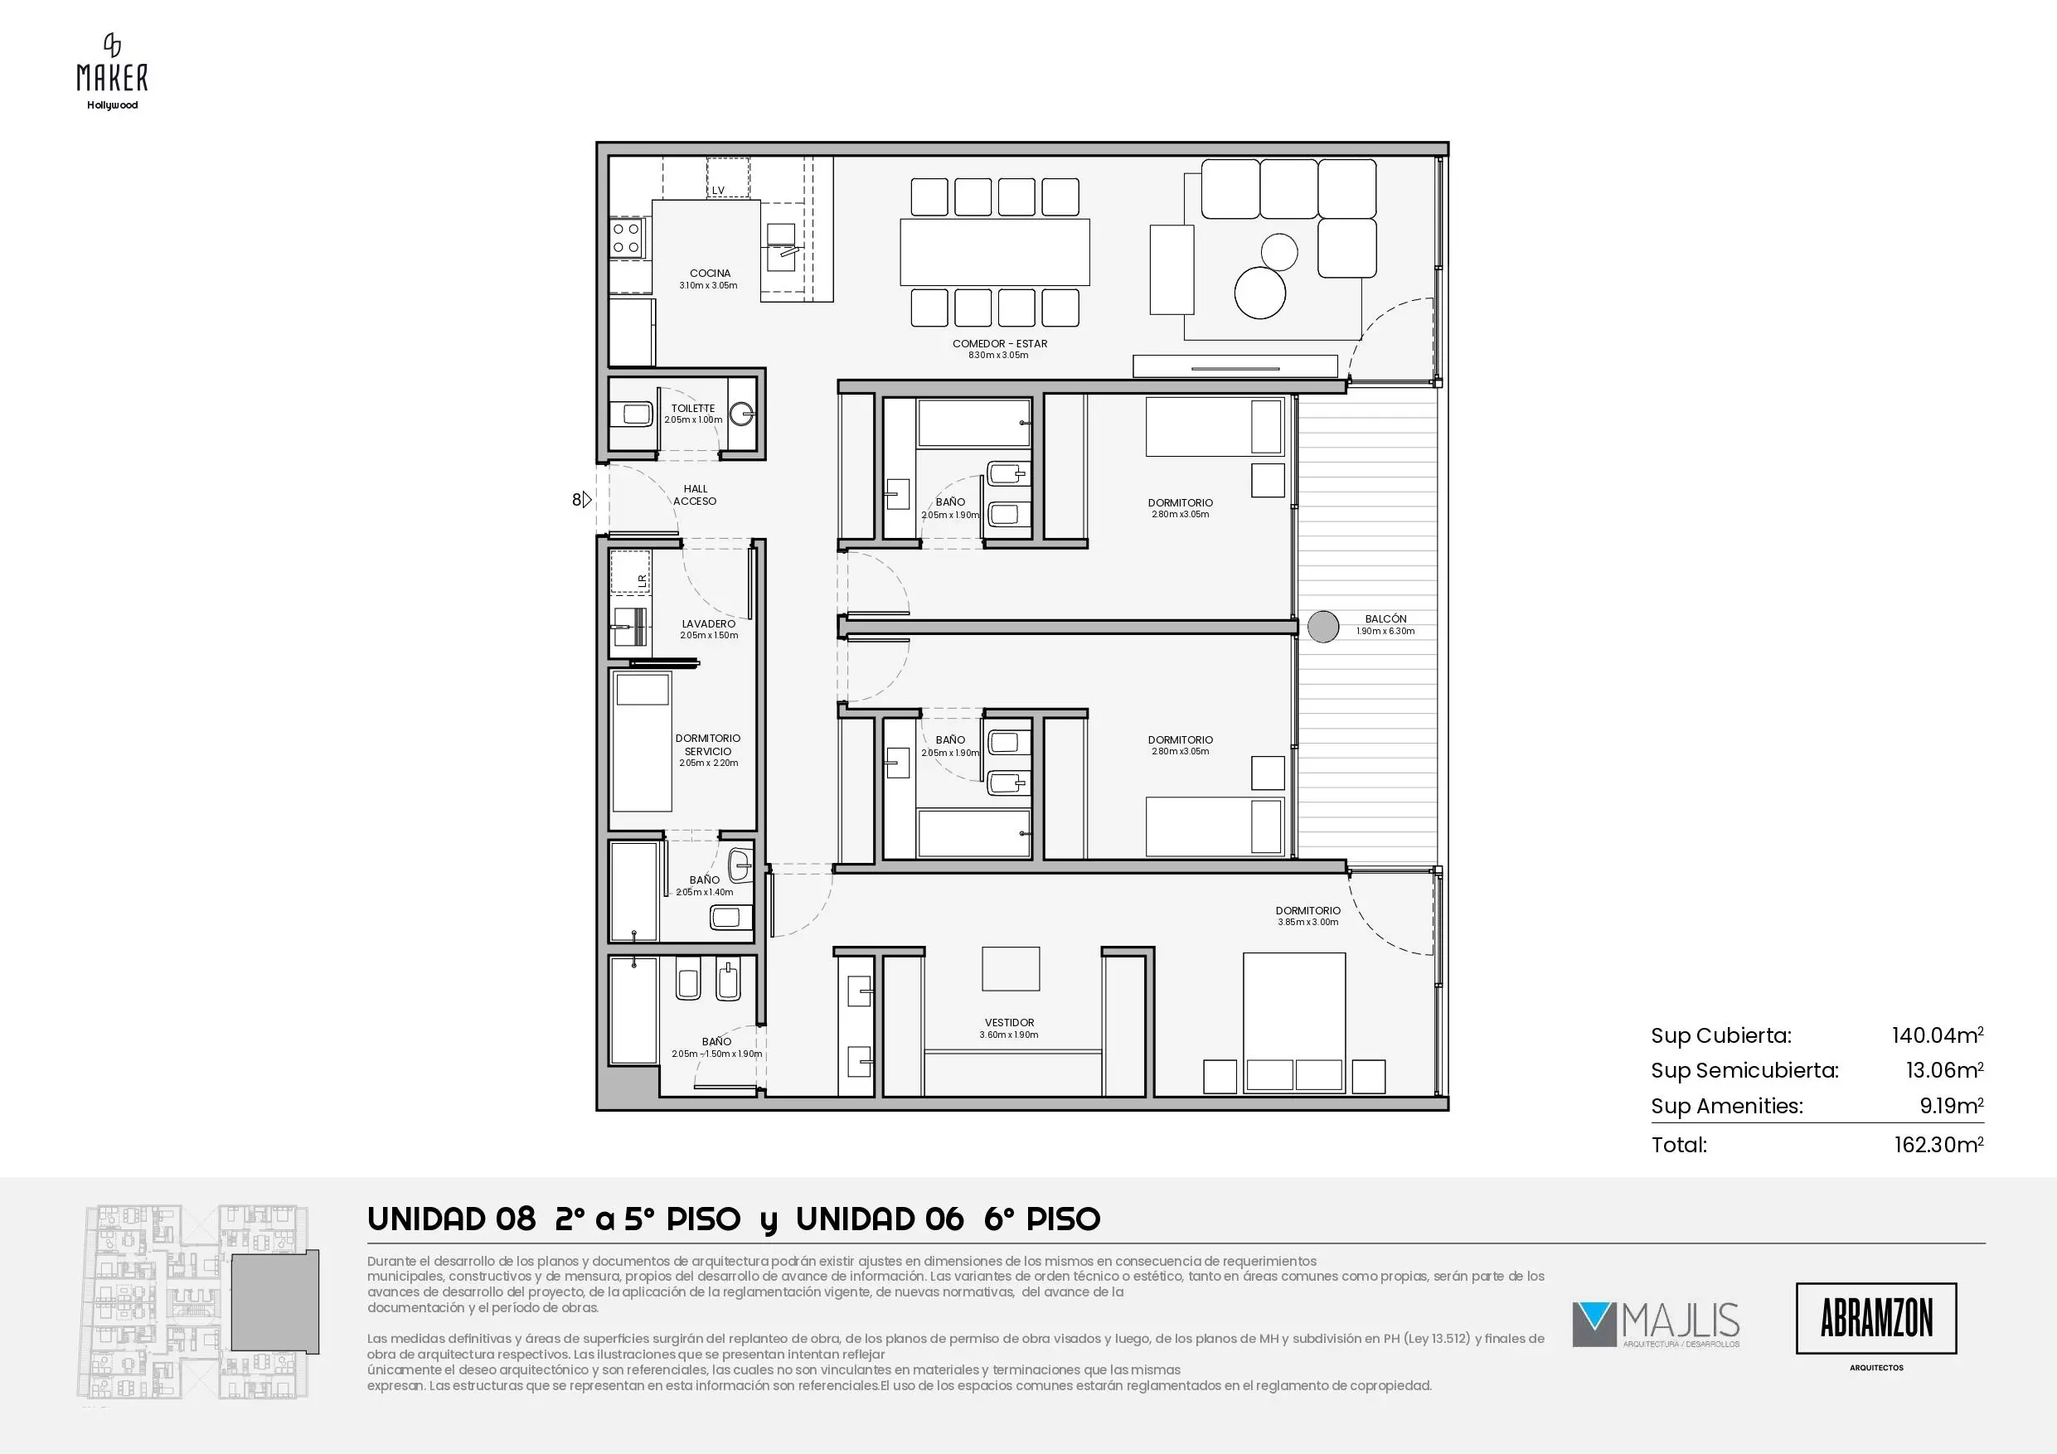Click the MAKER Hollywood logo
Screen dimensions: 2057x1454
[x=112, y=71]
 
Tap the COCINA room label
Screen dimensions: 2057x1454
[x=710, y=274]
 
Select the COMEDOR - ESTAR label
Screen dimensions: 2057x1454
[x=999, y=343]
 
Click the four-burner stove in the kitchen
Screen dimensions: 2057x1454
[x=626, y=237]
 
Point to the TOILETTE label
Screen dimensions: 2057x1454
[x=693, y=409]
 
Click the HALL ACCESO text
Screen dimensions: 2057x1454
[x=696, y=496]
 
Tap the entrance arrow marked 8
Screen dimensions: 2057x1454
[x=582, y=500]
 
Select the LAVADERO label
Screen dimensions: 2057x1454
[x=709, y=623]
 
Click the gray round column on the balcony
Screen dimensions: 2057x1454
[x=1323, y=626]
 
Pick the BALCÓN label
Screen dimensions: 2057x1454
[x=1385, y=619]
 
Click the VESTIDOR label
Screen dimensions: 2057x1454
[x=1009, y=1022]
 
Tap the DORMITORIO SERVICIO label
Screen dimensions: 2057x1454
[x=708, y=744]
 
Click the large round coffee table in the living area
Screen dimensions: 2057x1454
[x=1260, y=292]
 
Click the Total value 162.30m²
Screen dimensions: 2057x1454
[x=1938, y=1144]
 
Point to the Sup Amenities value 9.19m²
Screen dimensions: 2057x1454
[x=1951, y=1106]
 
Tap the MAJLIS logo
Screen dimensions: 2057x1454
[x=1656, y=1324]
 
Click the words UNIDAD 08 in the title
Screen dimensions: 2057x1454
[x=452, y=1219]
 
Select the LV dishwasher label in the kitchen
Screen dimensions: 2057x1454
[x=718, y=190]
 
